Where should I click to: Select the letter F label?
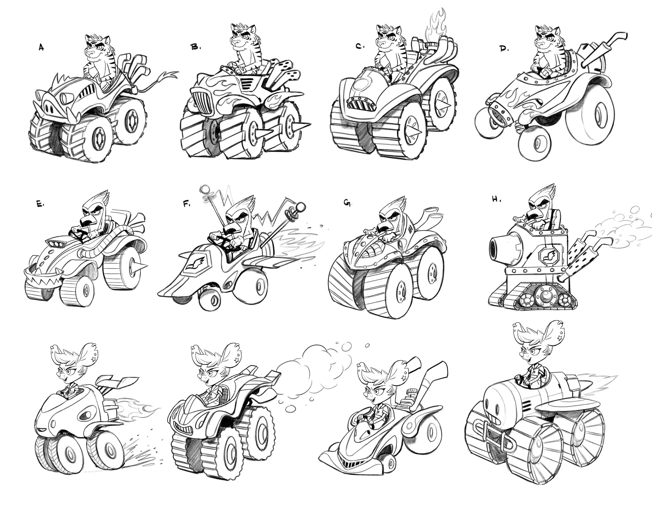click(x=186, y=204)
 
